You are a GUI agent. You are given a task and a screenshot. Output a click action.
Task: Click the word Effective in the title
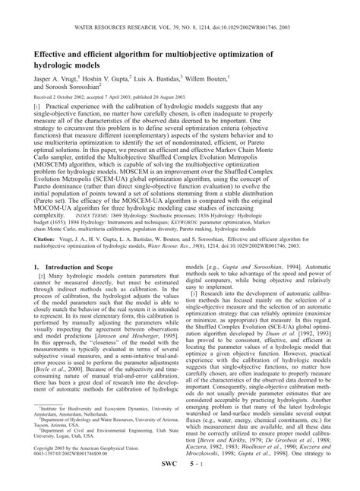coord(53,55)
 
